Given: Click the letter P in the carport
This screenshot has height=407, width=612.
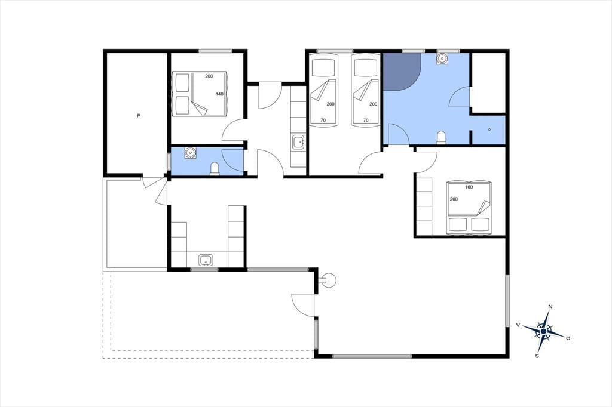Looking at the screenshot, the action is pyautogui.click(x=139, y=115).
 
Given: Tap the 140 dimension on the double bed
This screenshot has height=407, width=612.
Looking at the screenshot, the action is pyautogui.click(x=220, y=94).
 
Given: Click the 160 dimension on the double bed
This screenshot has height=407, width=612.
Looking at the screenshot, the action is pyautogui.click(x=469, y=187).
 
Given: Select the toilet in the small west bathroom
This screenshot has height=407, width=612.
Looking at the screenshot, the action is pyautogui.click(x=215, y=169).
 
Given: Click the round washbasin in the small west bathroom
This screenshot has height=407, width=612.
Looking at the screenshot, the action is pyautogui.click(x=191, y=152).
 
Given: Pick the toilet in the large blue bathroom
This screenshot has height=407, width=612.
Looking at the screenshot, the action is pyautogui.click(x=441, y=138).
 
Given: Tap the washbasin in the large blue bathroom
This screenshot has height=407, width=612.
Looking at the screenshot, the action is pyautogui.click(x=442, y=58).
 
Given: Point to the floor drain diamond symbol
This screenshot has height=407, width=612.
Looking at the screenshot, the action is pyautogui.click(x=489, y=129).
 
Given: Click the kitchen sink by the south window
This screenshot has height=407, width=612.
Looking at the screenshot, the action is pyautogui.click(x=206, y=260).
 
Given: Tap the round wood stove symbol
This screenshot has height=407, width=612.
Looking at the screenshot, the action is pyautogui.click(x=327, y=280).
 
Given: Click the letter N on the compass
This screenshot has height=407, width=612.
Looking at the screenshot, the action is pyautogui.click(x=550, y=307).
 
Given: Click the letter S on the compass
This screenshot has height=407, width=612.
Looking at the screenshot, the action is pyautogui.click(x=537, y=356).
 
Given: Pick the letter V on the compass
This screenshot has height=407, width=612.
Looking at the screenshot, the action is pyautogui.click(x=518, y=325).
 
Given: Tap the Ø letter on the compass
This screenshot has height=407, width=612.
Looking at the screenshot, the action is pyautogui.click(x=568, y=338).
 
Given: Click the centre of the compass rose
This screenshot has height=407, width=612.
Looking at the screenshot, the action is pyautogui.click(x=544, y=331).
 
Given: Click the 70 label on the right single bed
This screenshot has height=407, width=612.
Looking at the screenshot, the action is pyautogui.click(x=366, y=121).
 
